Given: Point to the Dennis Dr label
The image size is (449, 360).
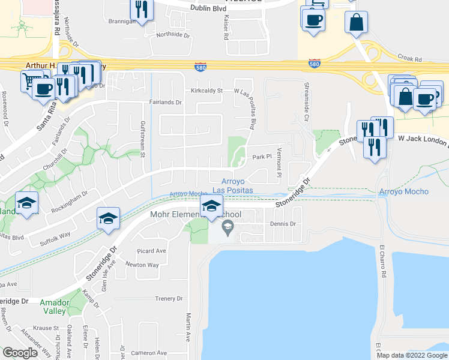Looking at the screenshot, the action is pos(283,224).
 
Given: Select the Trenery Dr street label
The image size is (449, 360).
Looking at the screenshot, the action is pos(169,298).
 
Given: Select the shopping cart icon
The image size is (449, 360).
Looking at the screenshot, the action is pos(28,80).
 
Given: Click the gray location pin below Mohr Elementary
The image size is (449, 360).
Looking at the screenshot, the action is pos(228,228).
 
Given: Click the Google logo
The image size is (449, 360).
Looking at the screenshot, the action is pos(20,353).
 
